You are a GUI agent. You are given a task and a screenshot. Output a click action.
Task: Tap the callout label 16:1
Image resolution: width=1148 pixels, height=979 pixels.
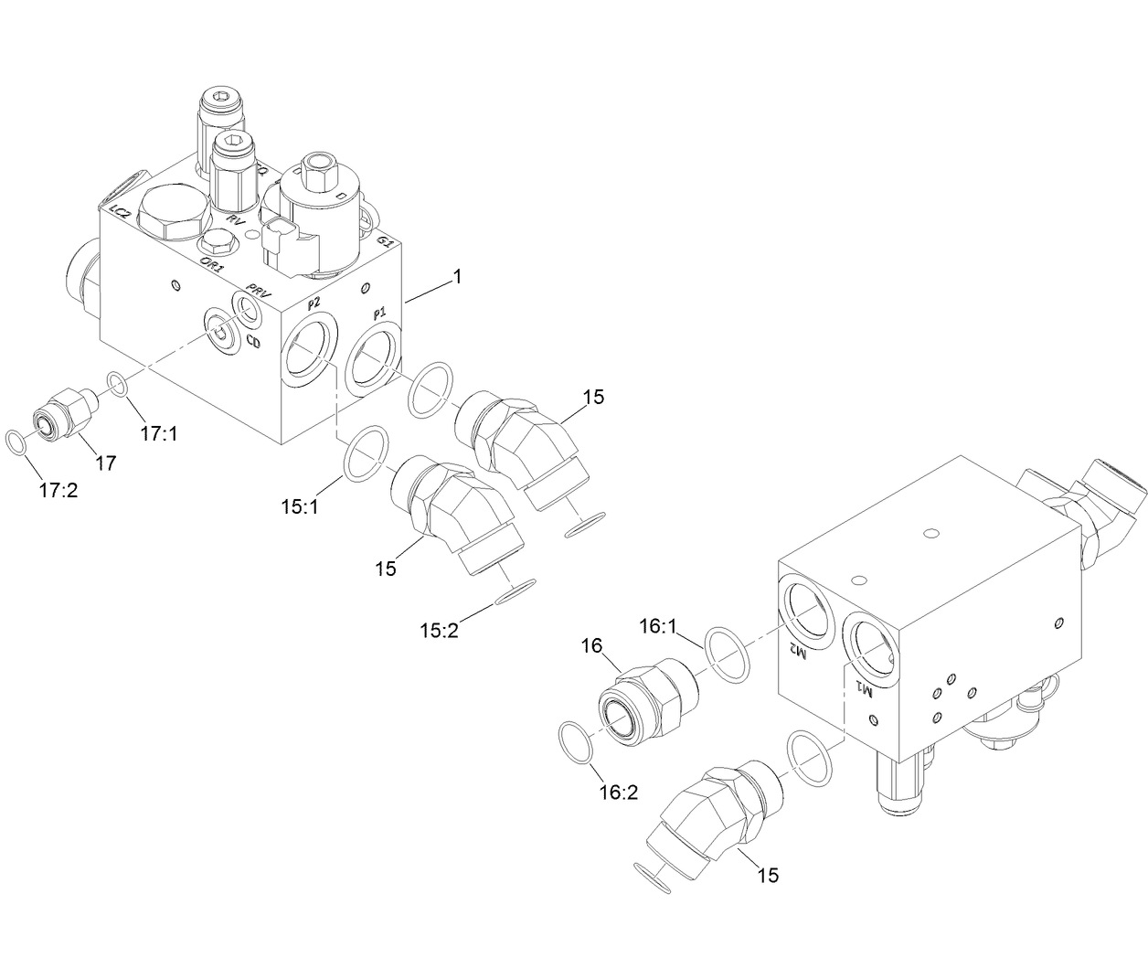tap(656, 626)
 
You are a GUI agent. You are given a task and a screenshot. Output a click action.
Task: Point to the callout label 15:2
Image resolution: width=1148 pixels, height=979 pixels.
tap(440, 630)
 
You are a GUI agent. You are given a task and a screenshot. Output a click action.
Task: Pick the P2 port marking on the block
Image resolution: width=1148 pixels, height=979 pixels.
tap(314, 303)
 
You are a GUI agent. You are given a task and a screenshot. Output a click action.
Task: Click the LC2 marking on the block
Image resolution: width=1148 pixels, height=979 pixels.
tap(118, 213)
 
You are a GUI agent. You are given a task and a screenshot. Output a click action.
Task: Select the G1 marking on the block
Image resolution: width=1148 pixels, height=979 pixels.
tap(386, 241)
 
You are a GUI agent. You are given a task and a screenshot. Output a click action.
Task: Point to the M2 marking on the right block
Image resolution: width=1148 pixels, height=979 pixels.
tap(797, 650)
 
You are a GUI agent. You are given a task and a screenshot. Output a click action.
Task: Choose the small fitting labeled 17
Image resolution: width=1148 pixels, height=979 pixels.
tap(66, 411)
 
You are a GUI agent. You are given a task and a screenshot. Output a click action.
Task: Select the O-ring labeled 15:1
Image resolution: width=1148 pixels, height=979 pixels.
tap(365, 452)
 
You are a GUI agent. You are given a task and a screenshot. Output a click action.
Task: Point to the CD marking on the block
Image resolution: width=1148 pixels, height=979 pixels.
tap(255, 343)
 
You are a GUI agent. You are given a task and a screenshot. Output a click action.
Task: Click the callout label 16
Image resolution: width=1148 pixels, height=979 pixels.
tap(591, 645)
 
